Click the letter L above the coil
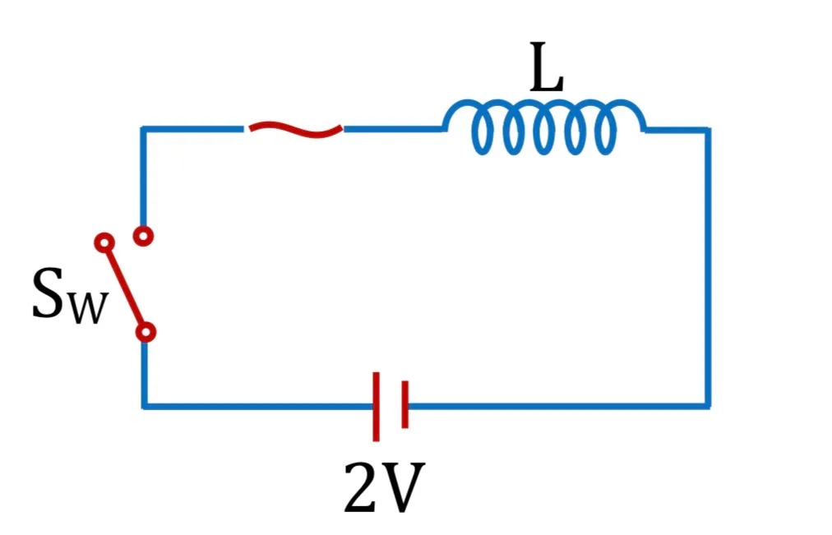pyautogui.click(x=547, y=67)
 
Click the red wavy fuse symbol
pyautogui.click(x=295, y=129)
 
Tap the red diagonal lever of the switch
pyautogui.click(x=125, y=287)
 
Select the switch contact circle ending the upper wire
pyautogui.click(x=143, y=235)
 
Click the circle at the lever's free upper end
pyautogui.click(x=104, y=242)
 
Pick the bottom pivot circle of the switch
pyautogui.click(x=146, y=333)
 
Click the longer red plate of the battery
pyautogui.click(x=377, y=407)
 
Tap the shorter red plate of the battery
pyautogui.click(x=404, y=404)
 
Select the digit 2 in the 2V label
pyautogui.click(x=360, y=487)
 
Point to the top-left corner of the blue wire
pyautogui.click(x=143, y=129)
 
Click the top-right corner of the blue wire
pyautogui.click(x=708, y=130)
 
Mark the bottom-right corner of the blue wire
pyautogui.click(x=708, y=406)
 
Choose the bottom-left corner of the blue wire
pyautogui.click(x=144, y=406)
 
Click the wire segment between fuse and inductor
pyautogui.click(x=394, y=129)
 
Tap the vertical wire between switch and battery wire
pyautogui.click(x=145, y=375)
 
